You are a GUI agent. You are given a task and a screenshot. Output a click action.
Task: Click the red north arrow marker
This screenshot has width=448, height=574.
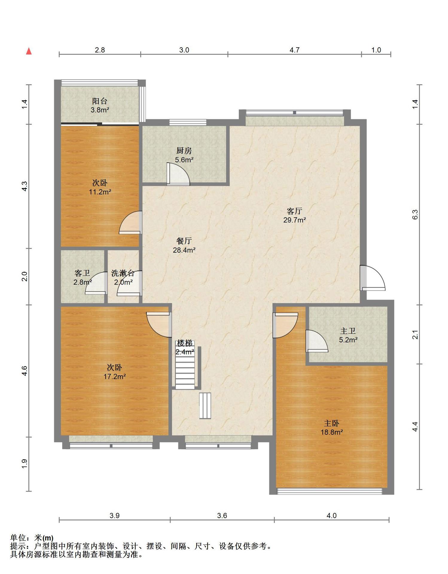(29, 51)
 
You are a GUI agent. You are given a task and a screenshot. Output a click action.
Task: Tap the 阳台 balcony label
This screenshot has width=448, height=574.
(100, 101)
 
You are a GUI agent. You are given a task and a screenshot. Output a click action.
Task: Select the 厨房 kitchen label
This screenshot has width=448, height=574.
(184, 151)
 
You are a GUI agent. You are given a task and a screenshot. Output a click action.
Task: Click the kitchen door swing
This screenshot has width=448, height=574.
(178, 174)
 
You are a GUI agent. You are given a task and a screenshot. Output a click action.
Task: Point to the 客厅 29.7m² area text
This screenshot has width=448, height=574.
(295, 220)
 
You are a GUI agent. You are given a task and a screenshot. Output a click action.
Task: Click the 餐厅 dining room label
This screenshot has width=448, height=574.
(184, 241)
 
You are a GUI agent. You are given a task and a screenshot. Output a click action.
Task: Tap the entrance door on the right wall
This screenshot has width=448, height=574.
(372, 278)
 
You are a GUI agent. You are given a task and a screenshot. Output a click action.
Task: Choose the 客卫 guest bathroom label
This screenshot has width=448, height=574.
(82, 273)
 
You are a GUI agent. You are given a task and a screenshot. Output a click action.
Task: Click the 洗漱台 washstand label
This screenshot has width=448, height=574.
(123, 273)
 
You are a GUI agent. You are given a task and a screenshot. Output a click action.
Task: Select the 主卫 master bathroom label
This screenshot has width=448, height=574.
(348, 331)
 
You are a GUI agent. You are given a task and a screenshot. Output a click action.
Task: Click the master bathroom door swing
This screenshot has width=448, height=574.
(317, 341)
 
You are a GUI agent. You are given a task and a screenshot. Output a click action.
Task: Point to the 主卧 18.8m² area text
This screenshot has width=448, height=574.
(332, 432)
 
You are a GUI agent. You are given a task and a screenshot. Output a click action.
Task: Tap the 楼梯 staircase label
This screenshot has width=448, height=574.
(185, 343)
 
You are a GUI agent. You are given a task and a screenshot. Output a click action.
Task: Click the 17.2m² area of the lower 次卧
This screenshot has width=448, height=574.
(115, 377)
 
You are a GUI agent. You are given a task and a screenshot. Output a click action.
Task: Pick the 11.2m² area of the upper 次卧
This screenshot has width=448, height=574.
(100, 192)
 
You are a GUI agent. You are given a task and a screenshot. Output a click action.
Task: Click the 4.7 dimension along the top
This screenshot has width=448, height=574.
(295, 50)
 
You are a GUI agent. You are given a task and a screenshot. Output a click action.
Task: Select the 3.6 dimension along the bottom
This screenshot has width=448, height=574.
(222, 515)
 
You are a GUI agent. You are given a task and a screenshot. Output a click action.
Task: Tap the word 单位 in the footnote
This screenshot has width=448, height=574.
(18, 538)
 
